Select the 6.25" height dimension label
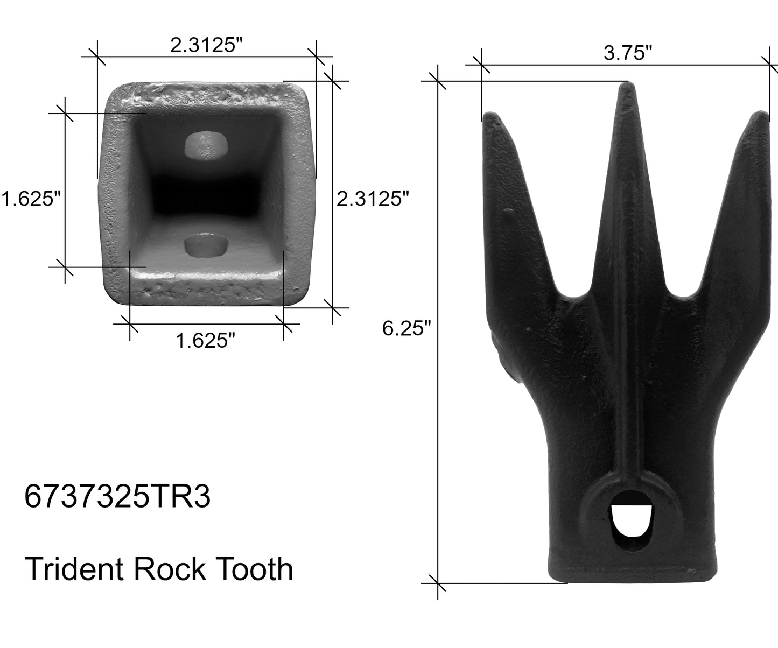coord(407,328)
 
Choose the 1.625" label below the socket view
coord(206,340)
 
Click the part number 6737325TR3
coord(117,498)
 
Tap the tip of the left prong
coord(489,116)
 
